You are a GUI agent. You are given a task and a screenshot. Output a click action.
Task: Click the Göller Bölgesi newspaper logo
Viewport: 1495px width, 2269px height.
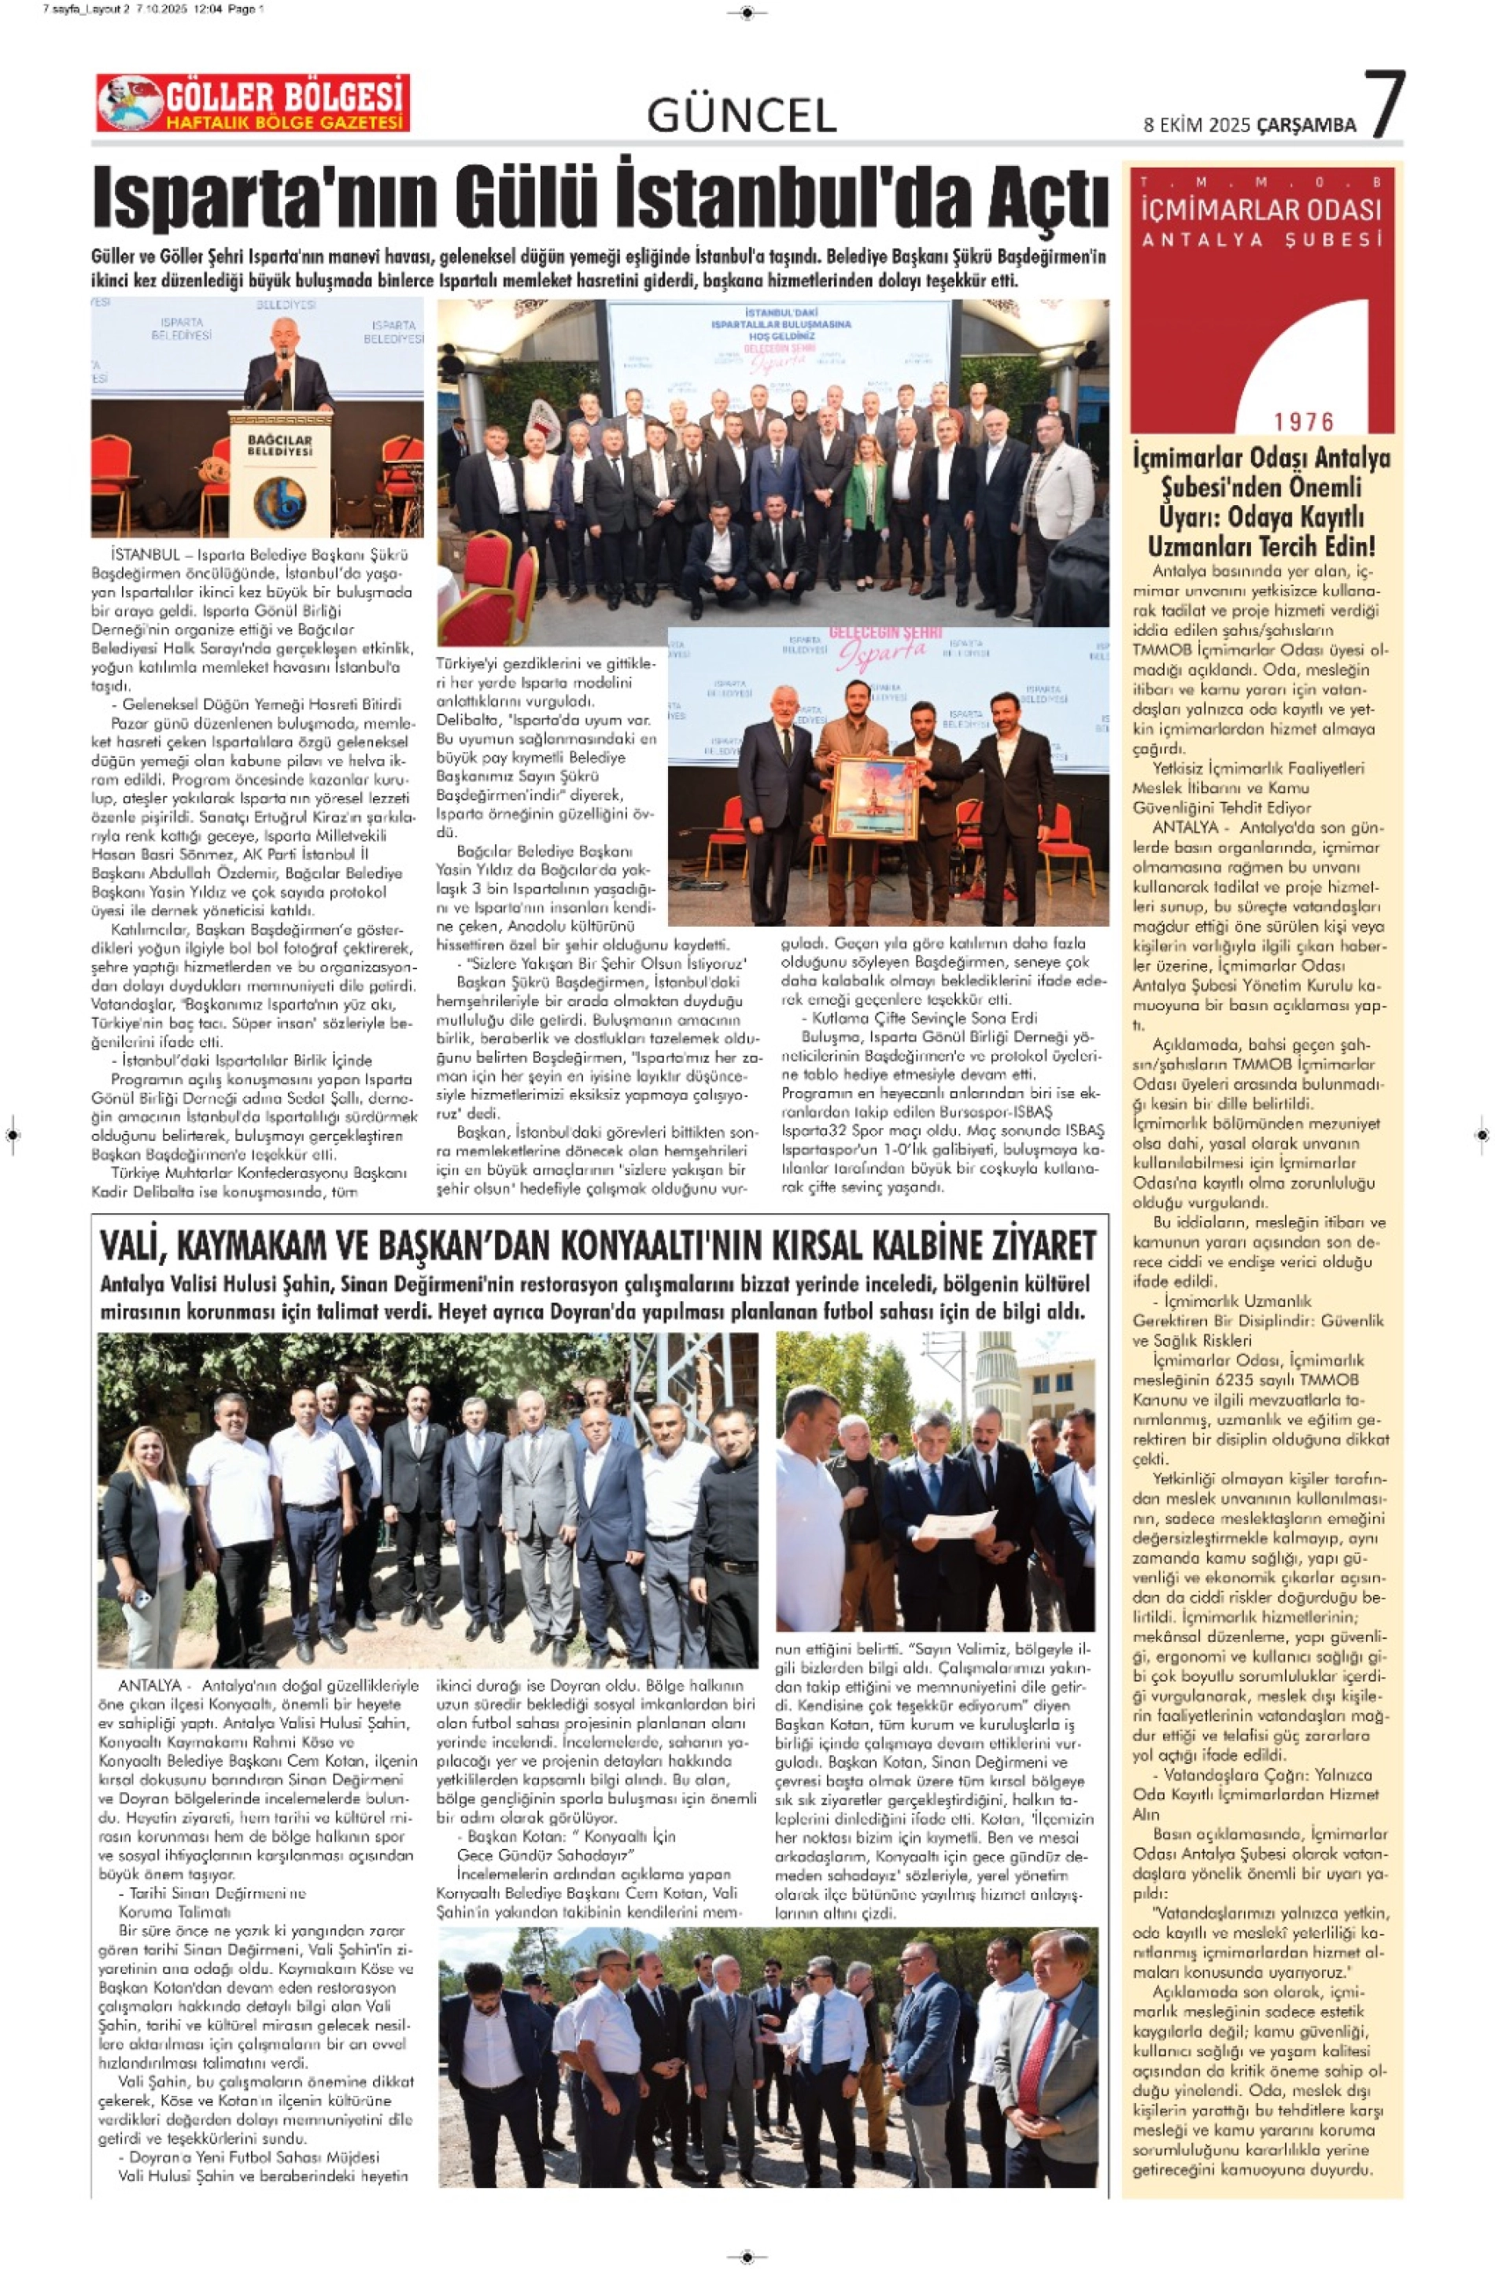tap(253, 103)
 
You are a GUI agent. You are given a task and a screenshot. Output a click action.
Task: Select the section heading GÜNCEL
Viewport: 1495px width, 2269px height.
tap(741, 116)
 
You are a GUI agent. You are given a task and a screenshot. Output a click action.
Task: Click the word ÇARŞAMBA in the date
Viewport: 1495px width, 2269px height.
tap(1306, 125)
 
